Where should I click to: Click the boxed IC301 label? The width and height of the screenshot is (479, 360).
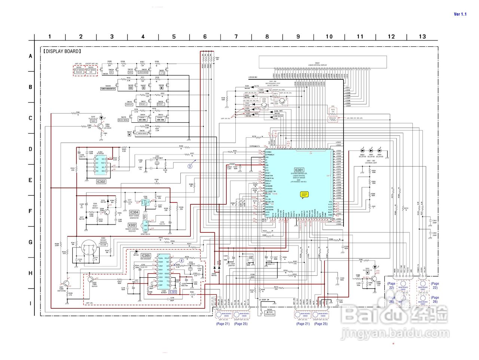tap(299, 170)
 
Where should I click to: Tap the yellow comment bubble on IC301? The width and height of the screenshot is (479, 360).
tap(304, 195)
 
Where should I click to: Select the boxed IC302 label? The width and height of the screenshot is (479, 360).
tap(101, 181)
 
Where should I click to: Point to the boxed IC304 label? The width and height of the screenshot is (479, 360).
tap(134, 212)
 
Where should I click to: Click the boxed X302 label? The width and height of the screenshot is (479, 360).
tap(132, 225)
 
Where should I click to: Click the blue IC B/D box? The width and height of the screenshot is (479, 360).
tap(173, 292)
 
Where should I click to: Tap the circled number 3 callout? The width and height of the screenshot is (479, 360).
tap(190, 166)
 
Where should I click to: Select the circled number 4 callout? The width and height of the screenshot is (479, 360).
tap(181, 260)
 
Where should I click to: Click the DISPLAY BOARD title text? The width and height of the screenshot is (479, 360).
tap(62, 51)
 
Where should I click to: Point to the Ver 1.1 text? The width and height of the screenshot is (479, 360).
tap(460, 14)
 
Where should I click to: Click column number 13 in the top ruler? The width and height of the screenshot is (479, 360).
tap(422, 36)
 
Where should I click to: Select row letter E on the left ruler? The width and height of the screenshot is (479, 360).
tap(31, 180)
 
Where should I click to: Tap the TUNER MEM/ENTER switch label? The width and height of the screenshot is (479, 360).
tap(108, 89)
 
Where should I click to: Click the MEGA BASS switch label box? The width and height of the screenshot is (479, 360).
tap(142, 133)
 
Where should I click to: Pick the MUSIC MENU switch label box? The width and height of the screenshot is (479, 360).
tap(123, 120)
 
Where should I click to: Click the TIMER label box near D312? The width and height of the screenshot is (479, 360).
tap(93, 121)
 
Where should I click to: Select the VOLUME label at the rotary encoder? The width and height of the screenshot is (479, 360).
tap(103, 245)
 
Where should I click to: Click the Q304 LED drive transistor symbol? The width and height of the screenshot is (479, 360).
tap(100, 126)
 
